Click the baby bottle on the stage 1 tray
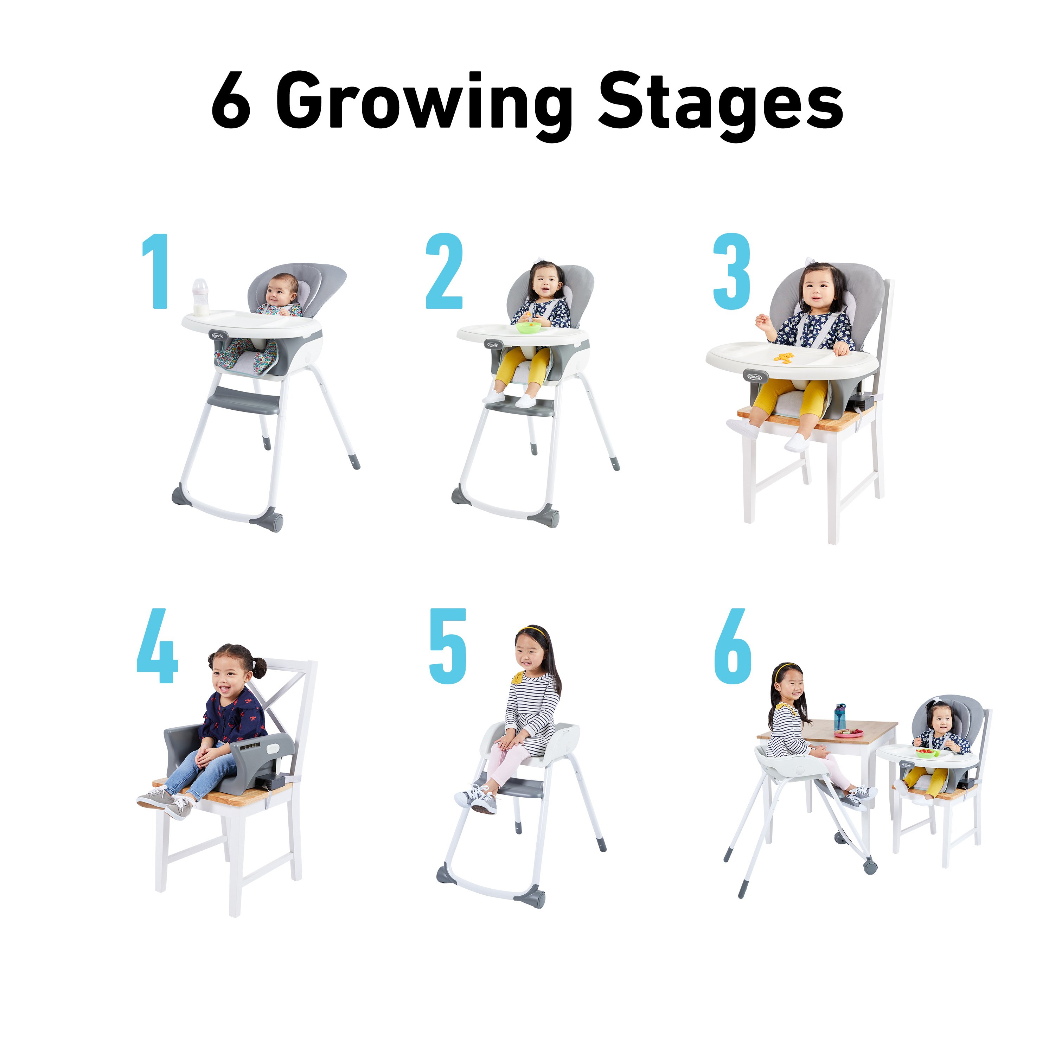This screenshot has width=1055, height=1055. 200,297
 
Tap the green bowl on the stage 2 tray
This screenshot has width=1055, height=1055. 529,327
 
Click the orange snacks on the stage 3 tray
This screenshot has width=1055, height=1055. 785,358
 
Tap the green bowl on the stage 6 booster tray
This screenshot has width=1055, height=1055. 927,753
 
